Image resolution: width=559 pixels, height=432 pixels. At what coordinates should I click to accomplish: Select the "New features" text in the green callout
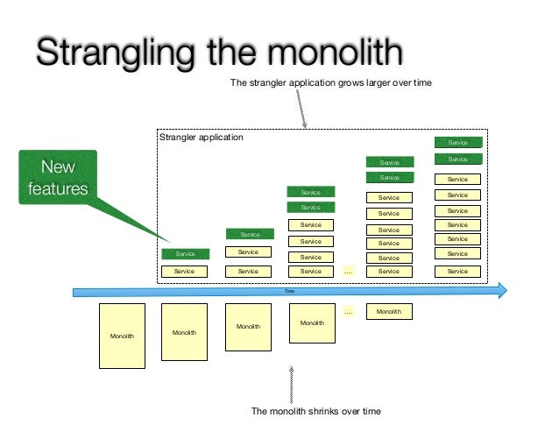(x=58, y=177)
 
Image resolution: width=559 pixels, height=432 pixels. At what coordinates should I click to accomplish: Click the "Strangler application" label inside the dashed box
(x=201, y=138)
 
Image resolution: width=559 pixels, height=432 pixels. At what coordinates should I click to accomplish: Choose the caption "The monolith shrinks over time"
(x=315, y=411)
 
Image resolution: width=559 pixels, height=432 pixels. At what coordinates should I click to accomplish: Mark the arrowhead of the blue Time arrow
(x=502, y=290)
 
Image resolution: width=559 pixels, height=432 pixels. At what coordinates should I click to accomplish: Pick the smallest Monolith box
(x=388, y=312)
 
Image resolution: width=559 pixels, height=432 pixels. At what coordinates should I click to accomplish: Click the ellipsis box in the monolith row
(x=348, y=312)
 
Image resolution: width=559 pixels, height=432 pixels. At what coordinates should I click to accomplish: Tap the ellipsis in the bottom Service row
(x=348, y=272)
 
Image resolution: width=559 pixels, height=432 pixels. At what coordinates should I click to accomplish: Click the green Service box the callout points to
(x=184, y=254)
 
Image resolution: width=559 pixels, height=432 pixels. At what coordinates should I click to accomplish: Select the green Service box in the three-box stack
(x=249, y=234)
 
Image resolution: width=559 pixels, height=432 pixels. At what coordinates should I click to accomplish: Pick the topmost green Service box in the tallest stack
(x=457, y=142)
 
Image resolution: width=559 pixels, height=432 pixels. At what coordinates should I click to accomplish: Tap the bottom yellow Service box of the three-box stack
(x=249, y=272)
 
